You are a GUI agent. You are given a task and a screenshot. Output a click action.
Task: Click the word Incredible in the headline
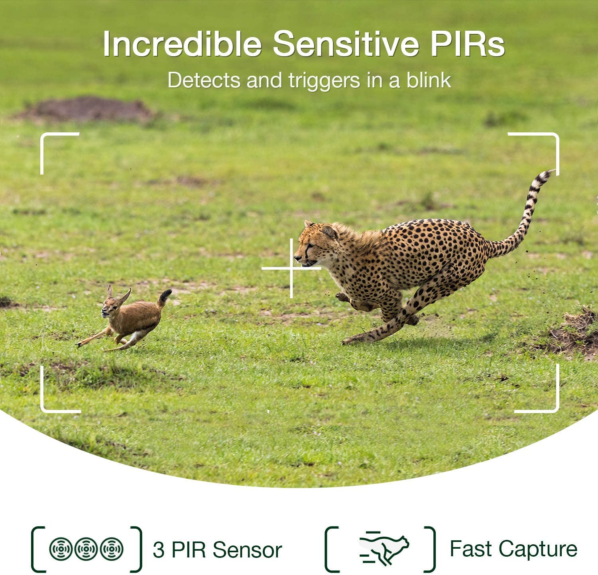[182, 43]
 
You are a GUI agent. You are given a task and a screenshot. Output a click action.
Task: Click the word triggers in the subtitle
[325, 81]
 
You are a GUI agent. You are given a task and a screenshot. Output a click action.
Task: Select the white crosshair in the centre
[291, 268]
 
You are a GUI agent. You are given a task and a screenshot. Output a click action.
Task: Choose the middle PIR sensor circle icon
[86, 549]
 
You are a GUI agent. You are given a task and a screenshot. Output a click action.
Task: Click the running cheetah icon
[384, 548]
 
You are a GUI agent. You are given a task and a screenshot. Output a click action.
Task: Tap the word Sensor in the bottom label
[247, 550]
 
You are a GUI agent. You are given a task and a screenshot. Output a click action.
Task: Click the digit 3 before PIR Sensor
[158, 550]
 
